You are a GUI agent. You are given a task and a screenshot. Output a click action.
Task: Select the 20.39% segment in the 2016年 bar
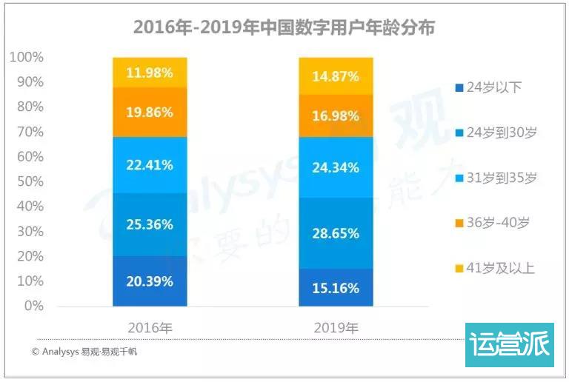150,281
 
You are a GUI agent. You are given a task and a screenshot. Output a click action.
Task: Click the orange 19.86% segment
150,113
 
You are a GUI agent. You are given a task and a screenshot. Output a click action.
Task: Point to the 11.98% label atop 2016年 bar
150,73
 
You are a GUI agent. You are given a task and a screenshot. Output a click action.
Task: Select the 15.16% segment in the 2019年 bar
336,287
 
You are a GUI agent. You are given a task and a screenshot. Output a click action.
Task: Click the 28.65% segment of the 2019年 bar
336,232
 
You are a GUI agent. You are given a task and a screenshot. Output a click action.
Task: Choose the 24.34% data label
336,167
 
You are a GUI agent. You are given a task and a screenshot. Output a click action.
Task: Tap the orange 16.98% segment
336,116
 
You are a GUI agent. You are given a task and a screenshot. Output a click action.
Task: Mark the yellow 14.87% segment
336,76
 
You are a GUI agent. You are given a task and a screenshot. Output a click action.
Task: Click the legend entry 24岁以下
490,87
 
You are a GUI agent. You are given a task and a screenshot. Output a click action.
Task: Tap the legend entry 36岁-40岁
493,223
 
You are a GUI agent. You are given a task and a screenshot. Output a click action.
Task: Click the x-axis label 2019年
336,326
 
